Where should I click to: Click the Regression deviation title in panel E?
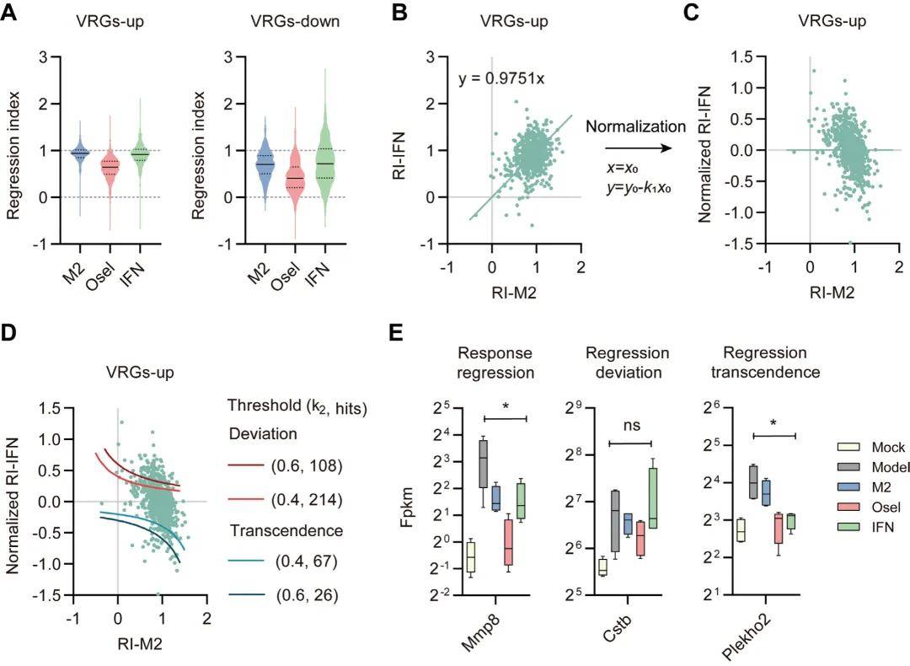coord(629,363)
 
